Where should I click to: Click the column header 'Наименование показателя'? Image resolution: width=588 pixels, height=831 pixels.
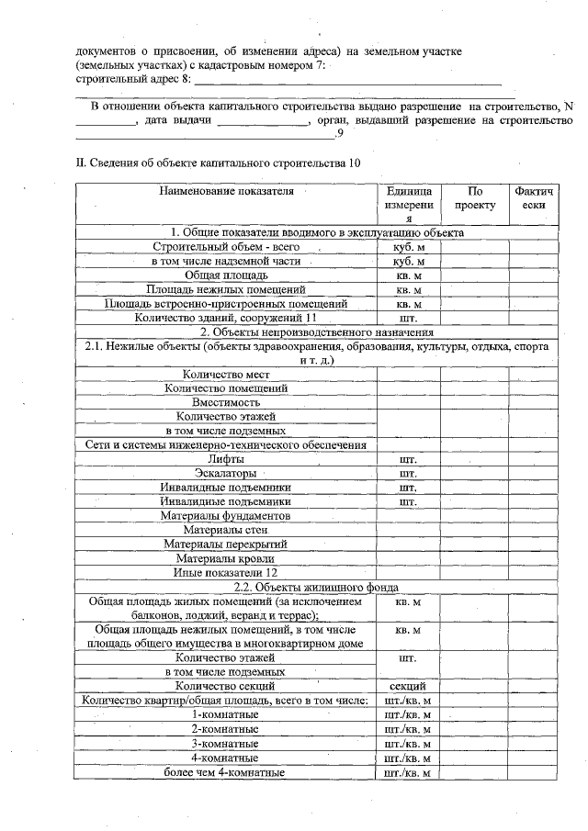(x=226, y=192)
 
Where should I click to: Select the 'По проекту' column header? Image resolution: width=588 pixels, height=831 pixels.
(x=474, y=198)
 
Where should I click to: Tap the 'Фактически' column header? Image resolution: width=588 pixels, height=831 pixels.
(x=533, y=198)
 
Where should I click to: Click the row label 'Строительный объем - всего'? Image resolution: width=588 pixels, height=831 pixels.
(x=225, y=247)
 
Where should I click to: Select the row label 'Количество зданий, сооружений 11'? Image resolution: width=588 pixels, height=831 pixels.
(x=225, y=317)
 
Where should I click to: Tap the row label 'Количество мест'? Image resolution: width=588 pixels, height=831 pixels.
(x=225, y=374)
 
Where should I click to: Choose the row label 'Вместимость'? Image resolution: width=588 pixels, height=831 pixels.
(x=225, y=402)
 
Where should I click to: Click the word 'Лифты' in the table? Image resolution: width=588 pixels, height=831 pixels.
(x=225, y=459)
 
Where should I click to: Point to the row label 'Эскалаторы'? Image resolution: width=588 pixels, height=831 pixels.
(x=225, y=473)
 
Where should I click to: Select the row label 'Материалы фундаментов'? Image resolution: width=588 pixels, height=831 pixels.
(x=225, y=516)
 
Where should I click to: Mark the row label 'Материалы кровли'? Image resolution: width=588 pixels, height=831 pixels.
(x=225, y=558)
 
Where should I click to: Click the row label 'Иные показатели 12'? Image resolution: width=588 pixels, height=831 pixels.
(x=225, y=572)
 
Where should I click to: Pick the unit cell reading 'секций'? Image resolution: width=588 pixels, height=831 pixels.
(x=408, y=686)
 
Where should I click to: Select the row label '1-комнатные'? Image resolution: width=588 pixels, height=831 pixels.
(x=225, y=714)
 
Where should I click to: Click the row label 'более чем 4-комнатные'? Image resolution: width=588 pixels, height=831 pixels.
(x=225, y=772)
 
